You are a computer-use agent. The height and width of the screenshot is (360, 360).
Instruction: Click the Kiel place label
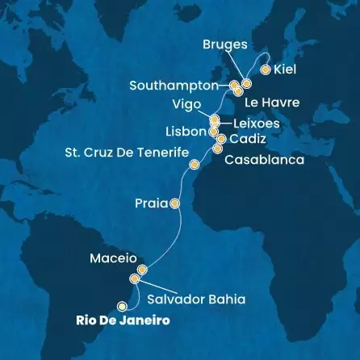(x=286, y=70)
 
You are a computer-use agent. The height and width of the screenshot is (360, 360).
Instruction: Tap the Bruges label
(x=226, y=45)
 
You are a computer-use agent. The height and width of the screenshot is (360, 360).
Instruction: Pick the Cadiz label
(x=249, y=139)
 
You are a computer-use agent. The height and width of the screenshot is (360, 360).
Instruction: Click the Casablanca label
(x=264, y=160)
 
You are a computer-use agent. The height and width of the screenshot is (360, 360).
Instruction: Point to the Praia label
(x=151, y=204)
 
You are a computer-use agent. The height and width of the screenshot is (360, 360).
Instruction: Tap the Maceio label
(x=111, y=259)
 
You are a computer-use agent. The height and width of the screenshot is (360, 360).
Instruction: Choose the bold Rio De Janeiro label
(x=129, y=320)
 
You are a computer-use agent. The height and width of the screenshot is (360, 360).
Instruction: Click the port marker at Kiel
(x=266, y=69)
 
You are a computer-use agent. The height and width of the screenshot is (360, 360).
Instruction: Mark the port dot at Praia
(x=174, y=203)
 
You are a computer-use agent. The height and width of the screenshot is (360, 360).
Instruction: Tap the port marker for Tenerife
(x=194, y=165)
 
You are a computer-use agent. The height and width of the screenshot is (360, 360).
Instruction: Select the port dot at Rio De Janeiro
(x=123, y=305)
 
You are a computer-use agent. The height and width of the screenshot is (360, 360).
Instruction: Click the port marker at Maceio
(x=142, y=270)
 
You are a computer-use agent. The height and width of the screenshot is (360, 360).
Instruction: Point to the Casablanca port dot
(x=218, y=149)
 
